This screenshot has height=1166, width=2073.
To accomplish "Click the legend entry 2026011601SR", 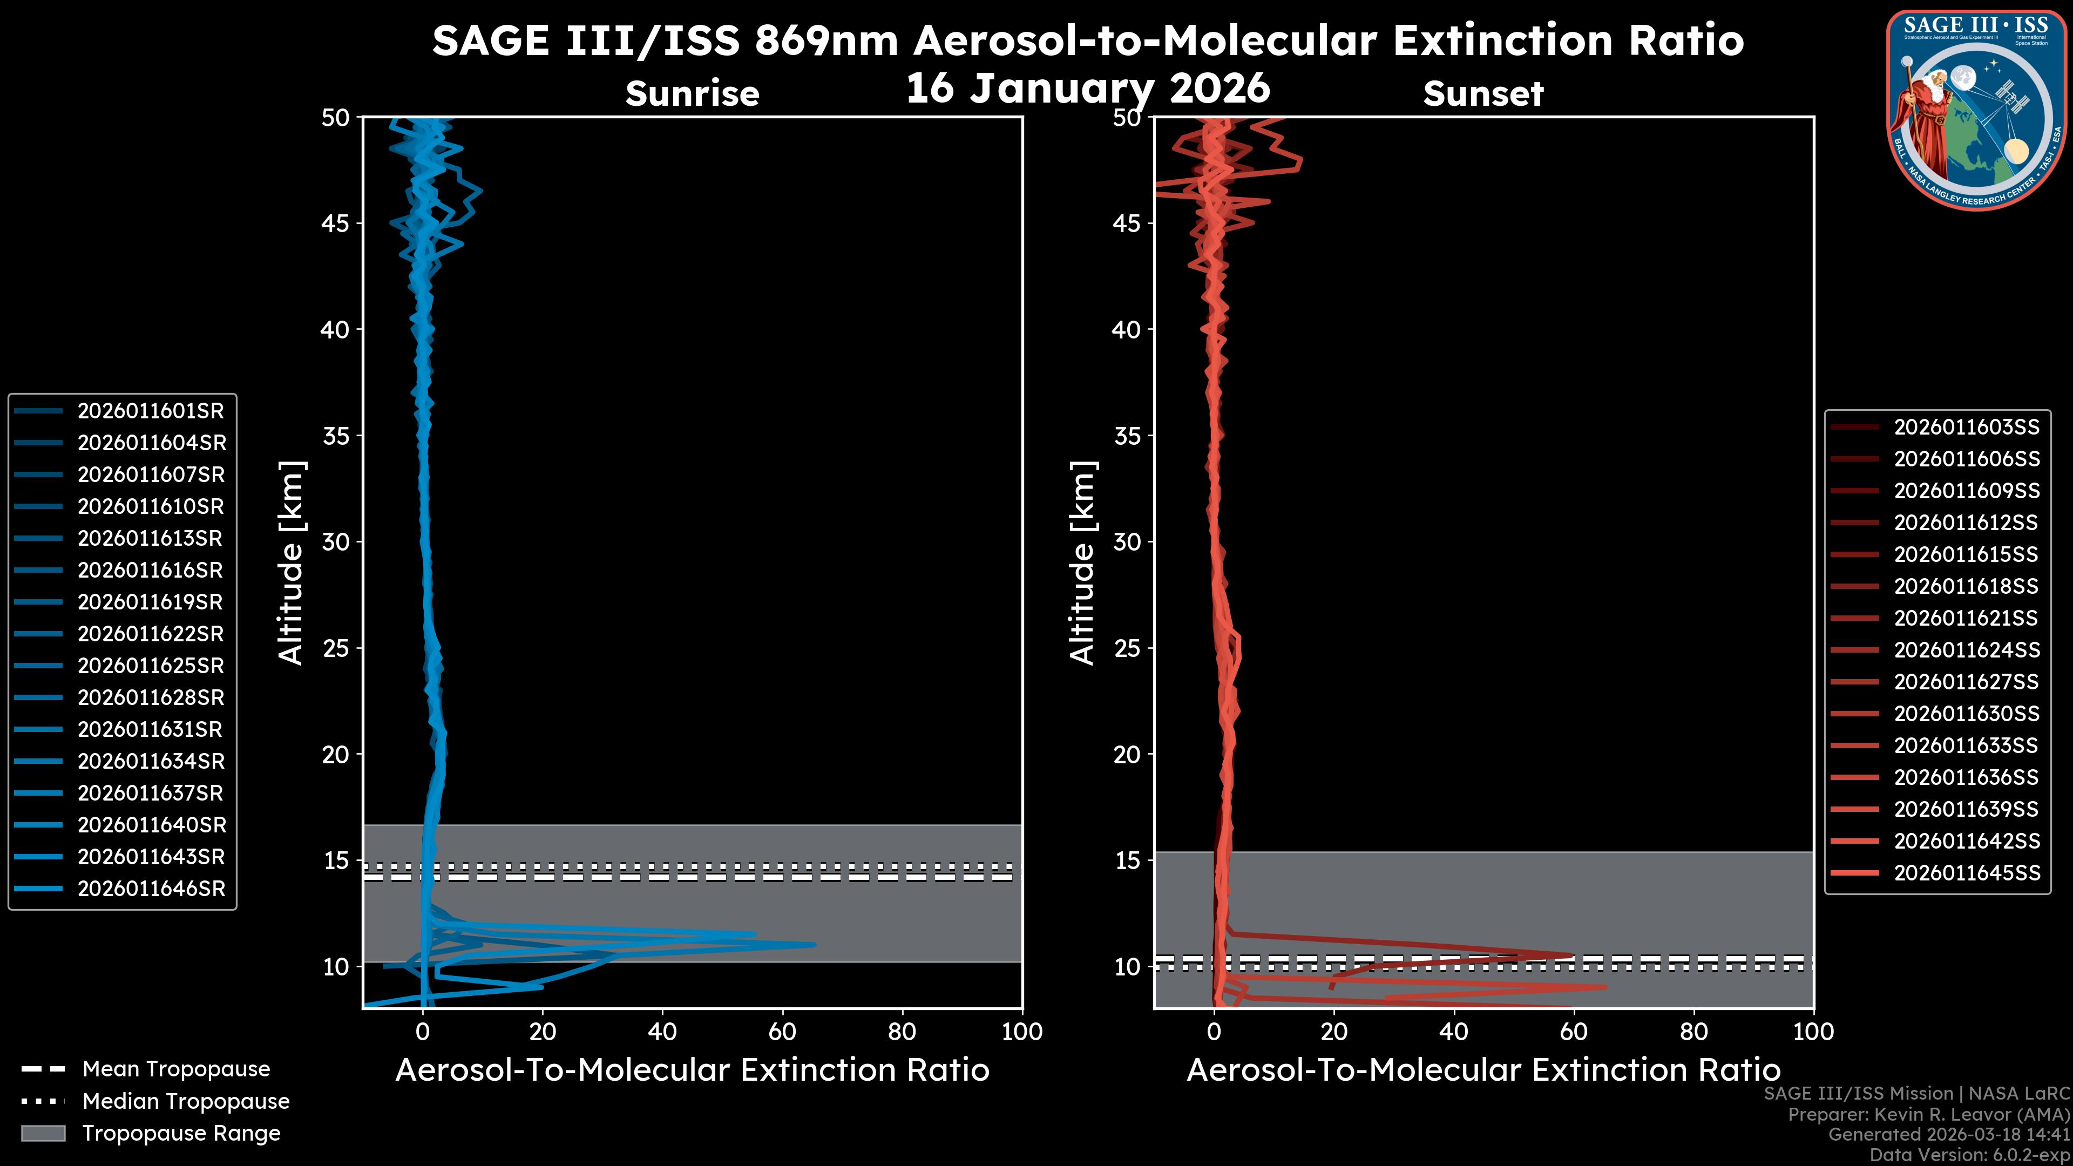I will (x=151, y=411).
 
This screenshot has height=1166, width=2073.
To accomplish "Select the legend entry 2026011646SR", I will (x=151, y=889).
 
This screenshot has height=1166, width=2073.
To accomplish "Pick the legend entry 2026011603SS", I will (x=1967, y=428).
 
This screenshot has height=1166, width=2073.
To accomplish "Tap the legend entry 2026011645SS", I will (x=1967, y=873).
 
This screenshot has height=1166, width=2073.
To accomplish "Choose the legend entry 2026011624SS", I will (x=1967, y=650).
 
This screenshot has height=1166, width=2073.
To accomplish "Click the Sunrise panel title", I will (x=692, y=94).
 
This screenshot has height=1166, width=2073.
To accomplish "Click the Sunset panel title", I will (x=1483, y=94).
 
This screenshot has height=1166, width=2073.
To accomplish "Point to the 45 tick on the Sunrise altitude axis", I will (x=336, y=223).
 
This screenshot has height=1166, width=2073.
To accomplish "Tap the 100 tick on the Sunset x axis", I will (x=1813, y=1032).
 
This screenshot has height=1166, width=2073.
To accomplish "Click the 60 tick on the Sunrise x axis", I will (x=782, y=1032).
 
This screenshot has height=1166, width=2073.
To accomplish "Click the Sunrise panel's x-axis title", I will (x=692, y=1070).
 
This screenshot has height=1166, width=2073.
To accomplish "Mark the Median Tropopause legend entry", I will (x=185, y=1102).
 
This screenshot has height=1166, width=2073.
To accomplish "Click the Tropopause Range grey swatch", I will (x=43, y=1133).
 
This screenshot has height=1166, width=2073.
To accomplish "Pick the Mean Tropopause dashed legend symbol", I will (x=43, y=1069).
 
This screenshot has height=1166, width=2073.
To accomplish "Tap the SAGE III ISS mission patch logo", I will (x=1976, y=109).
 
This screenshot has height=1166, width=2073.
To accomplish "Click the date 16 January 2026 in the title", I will (x=1088, y=89).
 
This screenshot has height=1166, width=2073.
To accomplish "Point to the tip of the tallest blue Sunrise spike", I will (x=815, y=945).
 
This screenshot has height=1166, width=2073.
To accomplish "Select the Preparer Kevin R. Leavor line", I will (x=1928, y=1115).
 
